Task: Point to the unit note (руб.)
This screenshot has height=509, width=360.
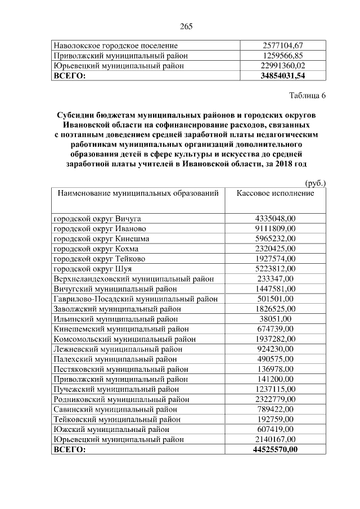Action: point(315,183)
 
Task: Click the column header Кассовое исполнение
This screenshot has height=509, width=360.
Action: point(275,193)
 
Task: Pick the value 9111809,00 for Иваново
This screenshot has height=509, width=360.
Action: point(275,228)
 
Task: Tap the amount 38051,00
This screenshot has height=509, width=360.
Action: point(275,318)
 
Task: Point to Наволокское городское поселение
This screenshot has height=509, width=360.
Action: point(115,45)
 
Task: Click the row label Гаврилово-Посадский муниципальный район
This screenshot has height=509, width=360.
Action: point(128,299)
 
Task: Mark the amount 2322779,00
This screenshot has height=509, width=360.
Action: point(275,399)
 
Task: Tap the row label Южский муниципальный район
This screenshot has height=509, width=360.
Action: point(111,429)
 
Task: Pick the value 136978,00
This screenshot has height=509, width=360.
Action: point(275,368)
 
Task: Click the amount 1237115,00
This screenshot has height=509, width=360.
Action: point(275,389)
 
